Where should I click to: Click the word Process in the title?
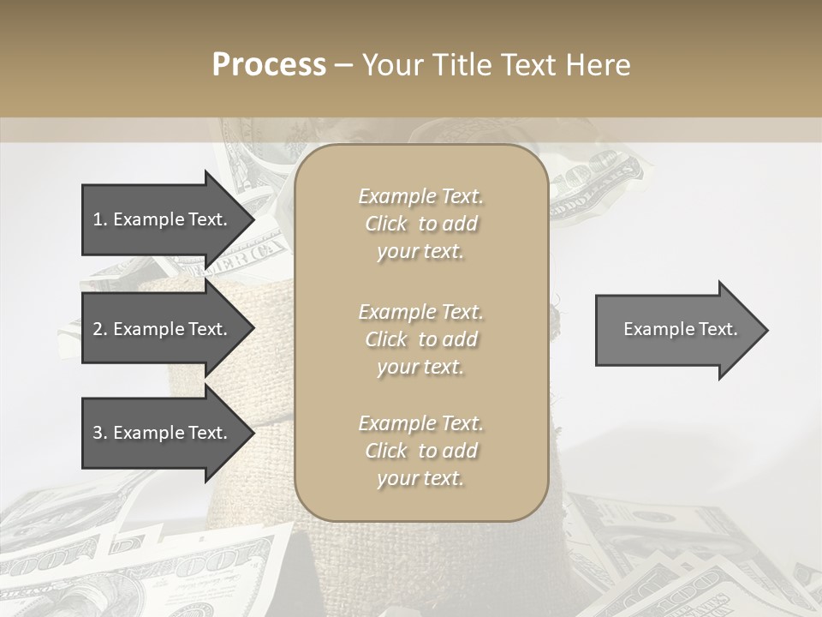coord(269,65)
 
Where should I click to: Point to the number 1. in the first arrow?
coord(100,219)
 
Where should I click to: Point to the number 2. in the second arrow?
coord(100,329)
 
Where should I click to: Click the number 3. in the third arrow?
coord(100,433)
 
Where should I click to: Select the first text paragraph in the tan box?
coord(420,224)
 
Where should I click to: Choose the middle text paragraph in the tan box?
coord(420,339)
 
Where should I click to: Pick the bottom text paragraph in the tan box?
coord(420,451)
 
